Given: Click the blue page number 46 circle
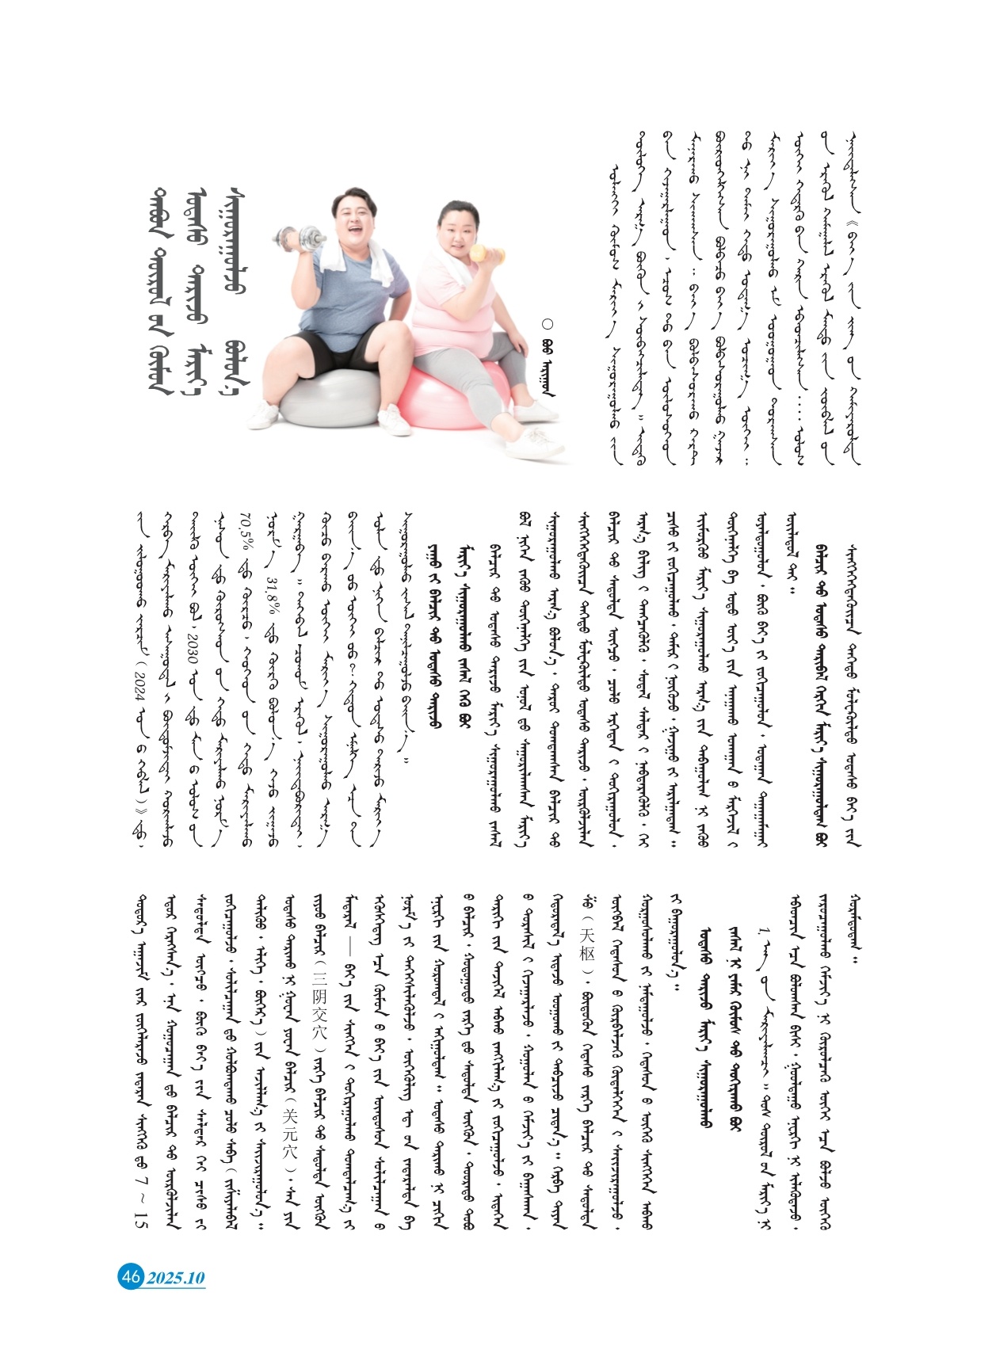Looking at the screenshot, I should click(130, 1276).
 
